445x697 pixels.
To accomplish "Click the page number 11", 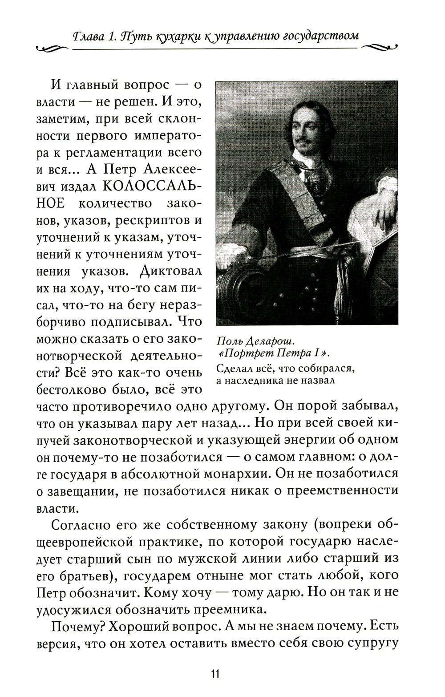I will [x=215, y=673].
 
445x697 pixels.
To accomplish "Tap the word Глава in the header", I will [x=89, y=35].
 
